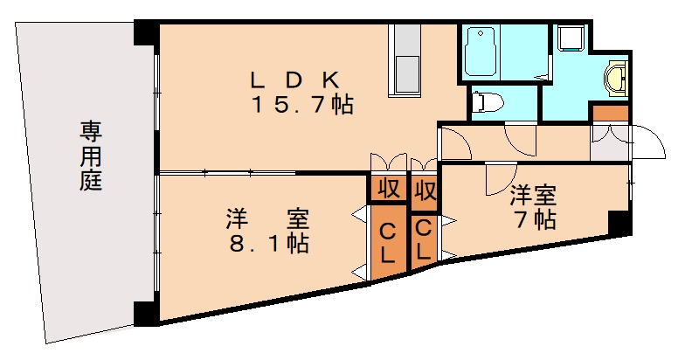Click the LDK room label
pyautogui.click(x=294, y=80)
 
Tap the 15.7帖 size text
pyautogui.click(x=302, y=107)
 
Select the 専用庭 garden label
pyautogui.click(x=91, y=157)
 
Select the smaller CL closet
pyautogui.click(x=423, y=239)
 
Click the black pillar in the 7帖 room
pyautogui.click(x=619, y=223)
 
